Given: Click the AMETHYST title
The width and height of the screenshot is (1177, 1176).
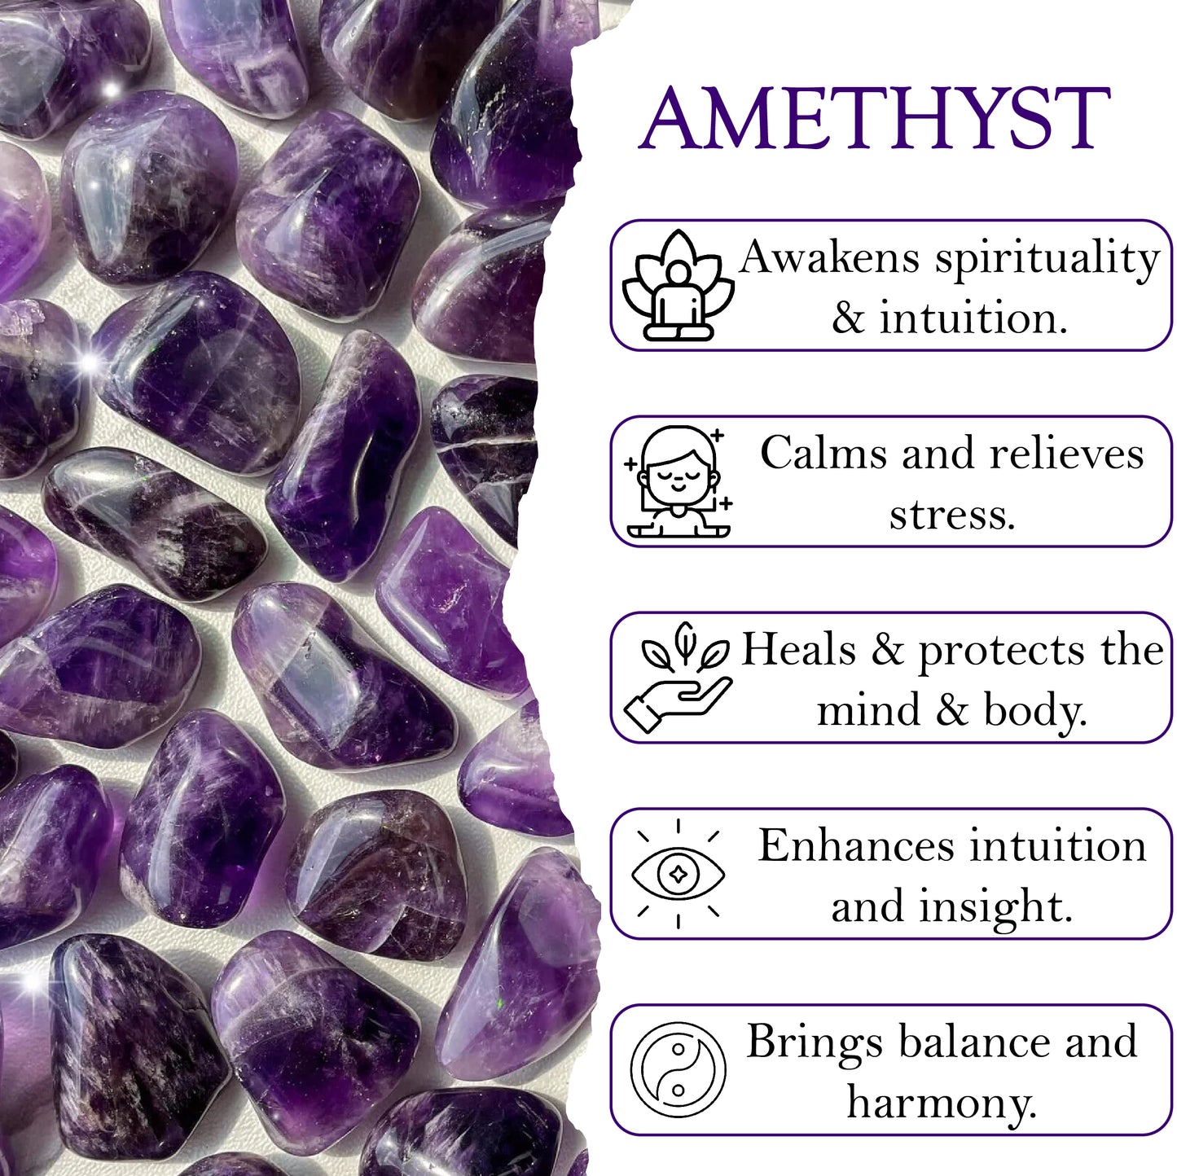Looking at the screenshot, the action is (874, 118).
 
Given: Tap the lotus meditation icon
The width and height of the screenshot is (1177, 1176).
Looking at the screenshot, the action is (678, 285).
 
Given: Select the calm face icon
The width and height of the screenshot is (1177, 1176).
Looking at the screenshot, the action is (678, 481).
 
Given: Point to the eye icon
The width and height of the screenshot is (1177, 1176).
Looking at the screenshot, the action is (678, 874).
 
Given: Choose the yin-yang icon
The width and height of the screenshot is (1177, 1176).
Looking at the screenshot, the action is (678, 1069).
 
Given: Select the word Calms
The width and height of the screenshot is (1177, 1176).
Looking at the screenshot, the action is (823, 454).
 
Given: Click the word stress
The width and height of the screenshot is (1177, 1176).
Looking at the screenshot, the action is (951, 516).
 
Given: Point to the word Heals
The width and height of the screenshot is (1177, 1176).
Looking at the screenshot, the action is (799, 649).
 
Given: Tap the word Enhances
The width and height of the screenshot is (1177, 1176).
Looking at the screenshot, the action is (856, 846).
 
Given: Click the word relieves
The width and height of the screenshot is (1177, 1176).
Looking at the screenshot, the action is (1066, 454).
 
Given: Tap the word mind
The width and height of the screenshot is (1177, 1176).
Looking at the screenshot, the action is (868, 710).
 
